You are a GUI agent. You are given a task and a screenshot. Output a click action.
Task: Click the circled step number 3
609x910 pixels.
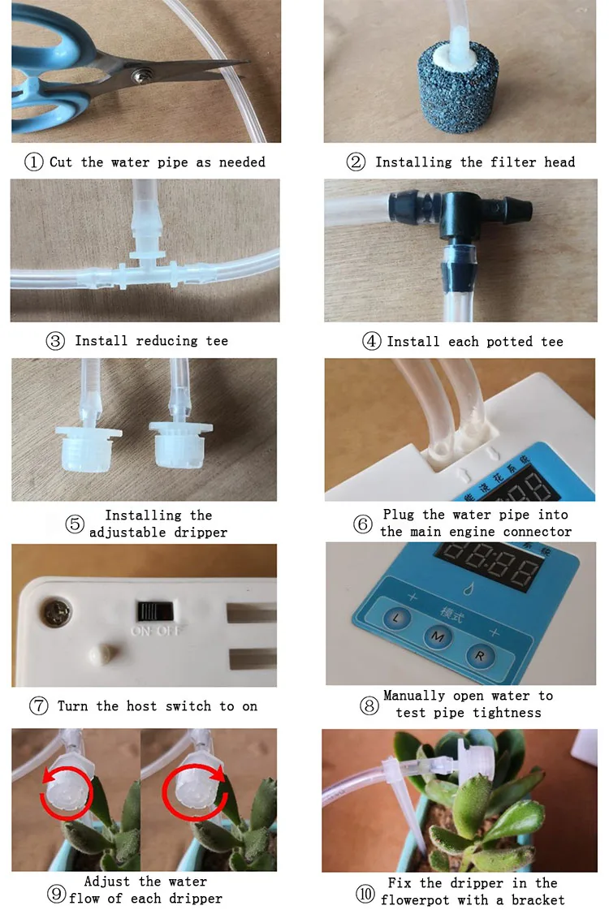pos(55,341)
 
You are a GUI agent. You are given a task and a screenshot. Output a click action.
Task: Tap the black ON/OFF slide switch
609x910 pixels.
pos(154,611)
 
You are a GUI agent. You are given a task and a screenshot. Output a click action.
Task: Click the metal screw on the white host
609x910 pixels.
pos(57,613)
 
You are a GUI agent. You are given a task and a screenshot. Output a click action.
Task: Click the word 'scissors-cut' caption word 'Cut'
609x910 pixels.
pos(61,162)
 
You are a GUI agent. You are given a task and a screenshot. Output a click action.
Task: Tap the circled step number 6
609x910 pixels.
pos(363,524)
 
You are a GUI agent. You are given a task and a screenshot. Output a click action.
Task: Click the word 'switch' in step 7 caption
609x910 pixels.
pos(188,705)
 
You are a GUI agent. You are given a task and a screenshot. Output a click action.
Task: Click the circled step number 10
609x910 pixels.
pos(365,893)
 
